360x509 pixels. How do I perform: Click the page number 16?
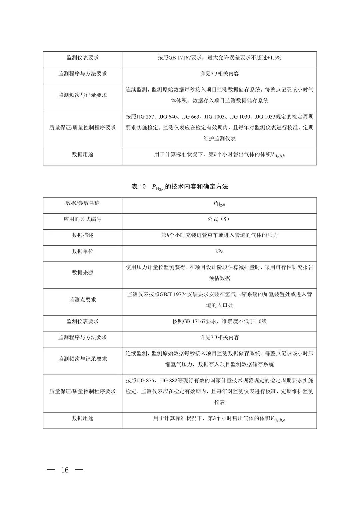pyautogui.click(x=65, y=470)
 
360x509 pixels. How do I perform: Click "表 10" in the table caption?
pyautogui.click(x=139, y=187)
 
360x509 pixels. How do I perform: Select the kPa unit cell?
pyautogui.click(x=219, y=251)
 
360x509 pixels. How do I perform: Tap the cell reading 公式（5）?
pyautogui.click(x=219, y=219)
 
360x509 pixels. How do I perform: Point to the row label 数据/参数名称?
pyautogui.click(x=83, y=203)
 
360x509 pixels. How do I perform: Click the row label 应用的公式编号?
pyautogui.click(x=83, y=219)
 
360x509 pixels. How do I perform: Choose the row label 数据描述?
pyautogui.click(x=83, y=235)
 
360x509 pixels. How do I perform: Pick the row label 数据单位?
pyautogui.click(x=83, y=251)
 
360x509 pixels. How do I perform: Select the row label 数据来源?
pyautogui.click(x=83, y=273)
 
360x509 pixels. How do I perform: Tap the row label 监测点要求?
pyautogui.click(x=83, y=300)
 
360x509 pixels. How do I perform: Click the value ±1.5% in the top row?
pyautogui.click(x=275, y=58)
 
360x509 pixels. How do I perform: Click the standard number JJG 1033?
pyautogui.click(x=265, y=117)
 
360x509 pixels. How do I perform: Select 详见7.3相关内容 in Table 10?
pyautogui.click(x=219, y=337)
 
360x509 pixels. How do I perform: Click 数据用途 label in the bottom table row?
pyautogui.click(x=83, y=418)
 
